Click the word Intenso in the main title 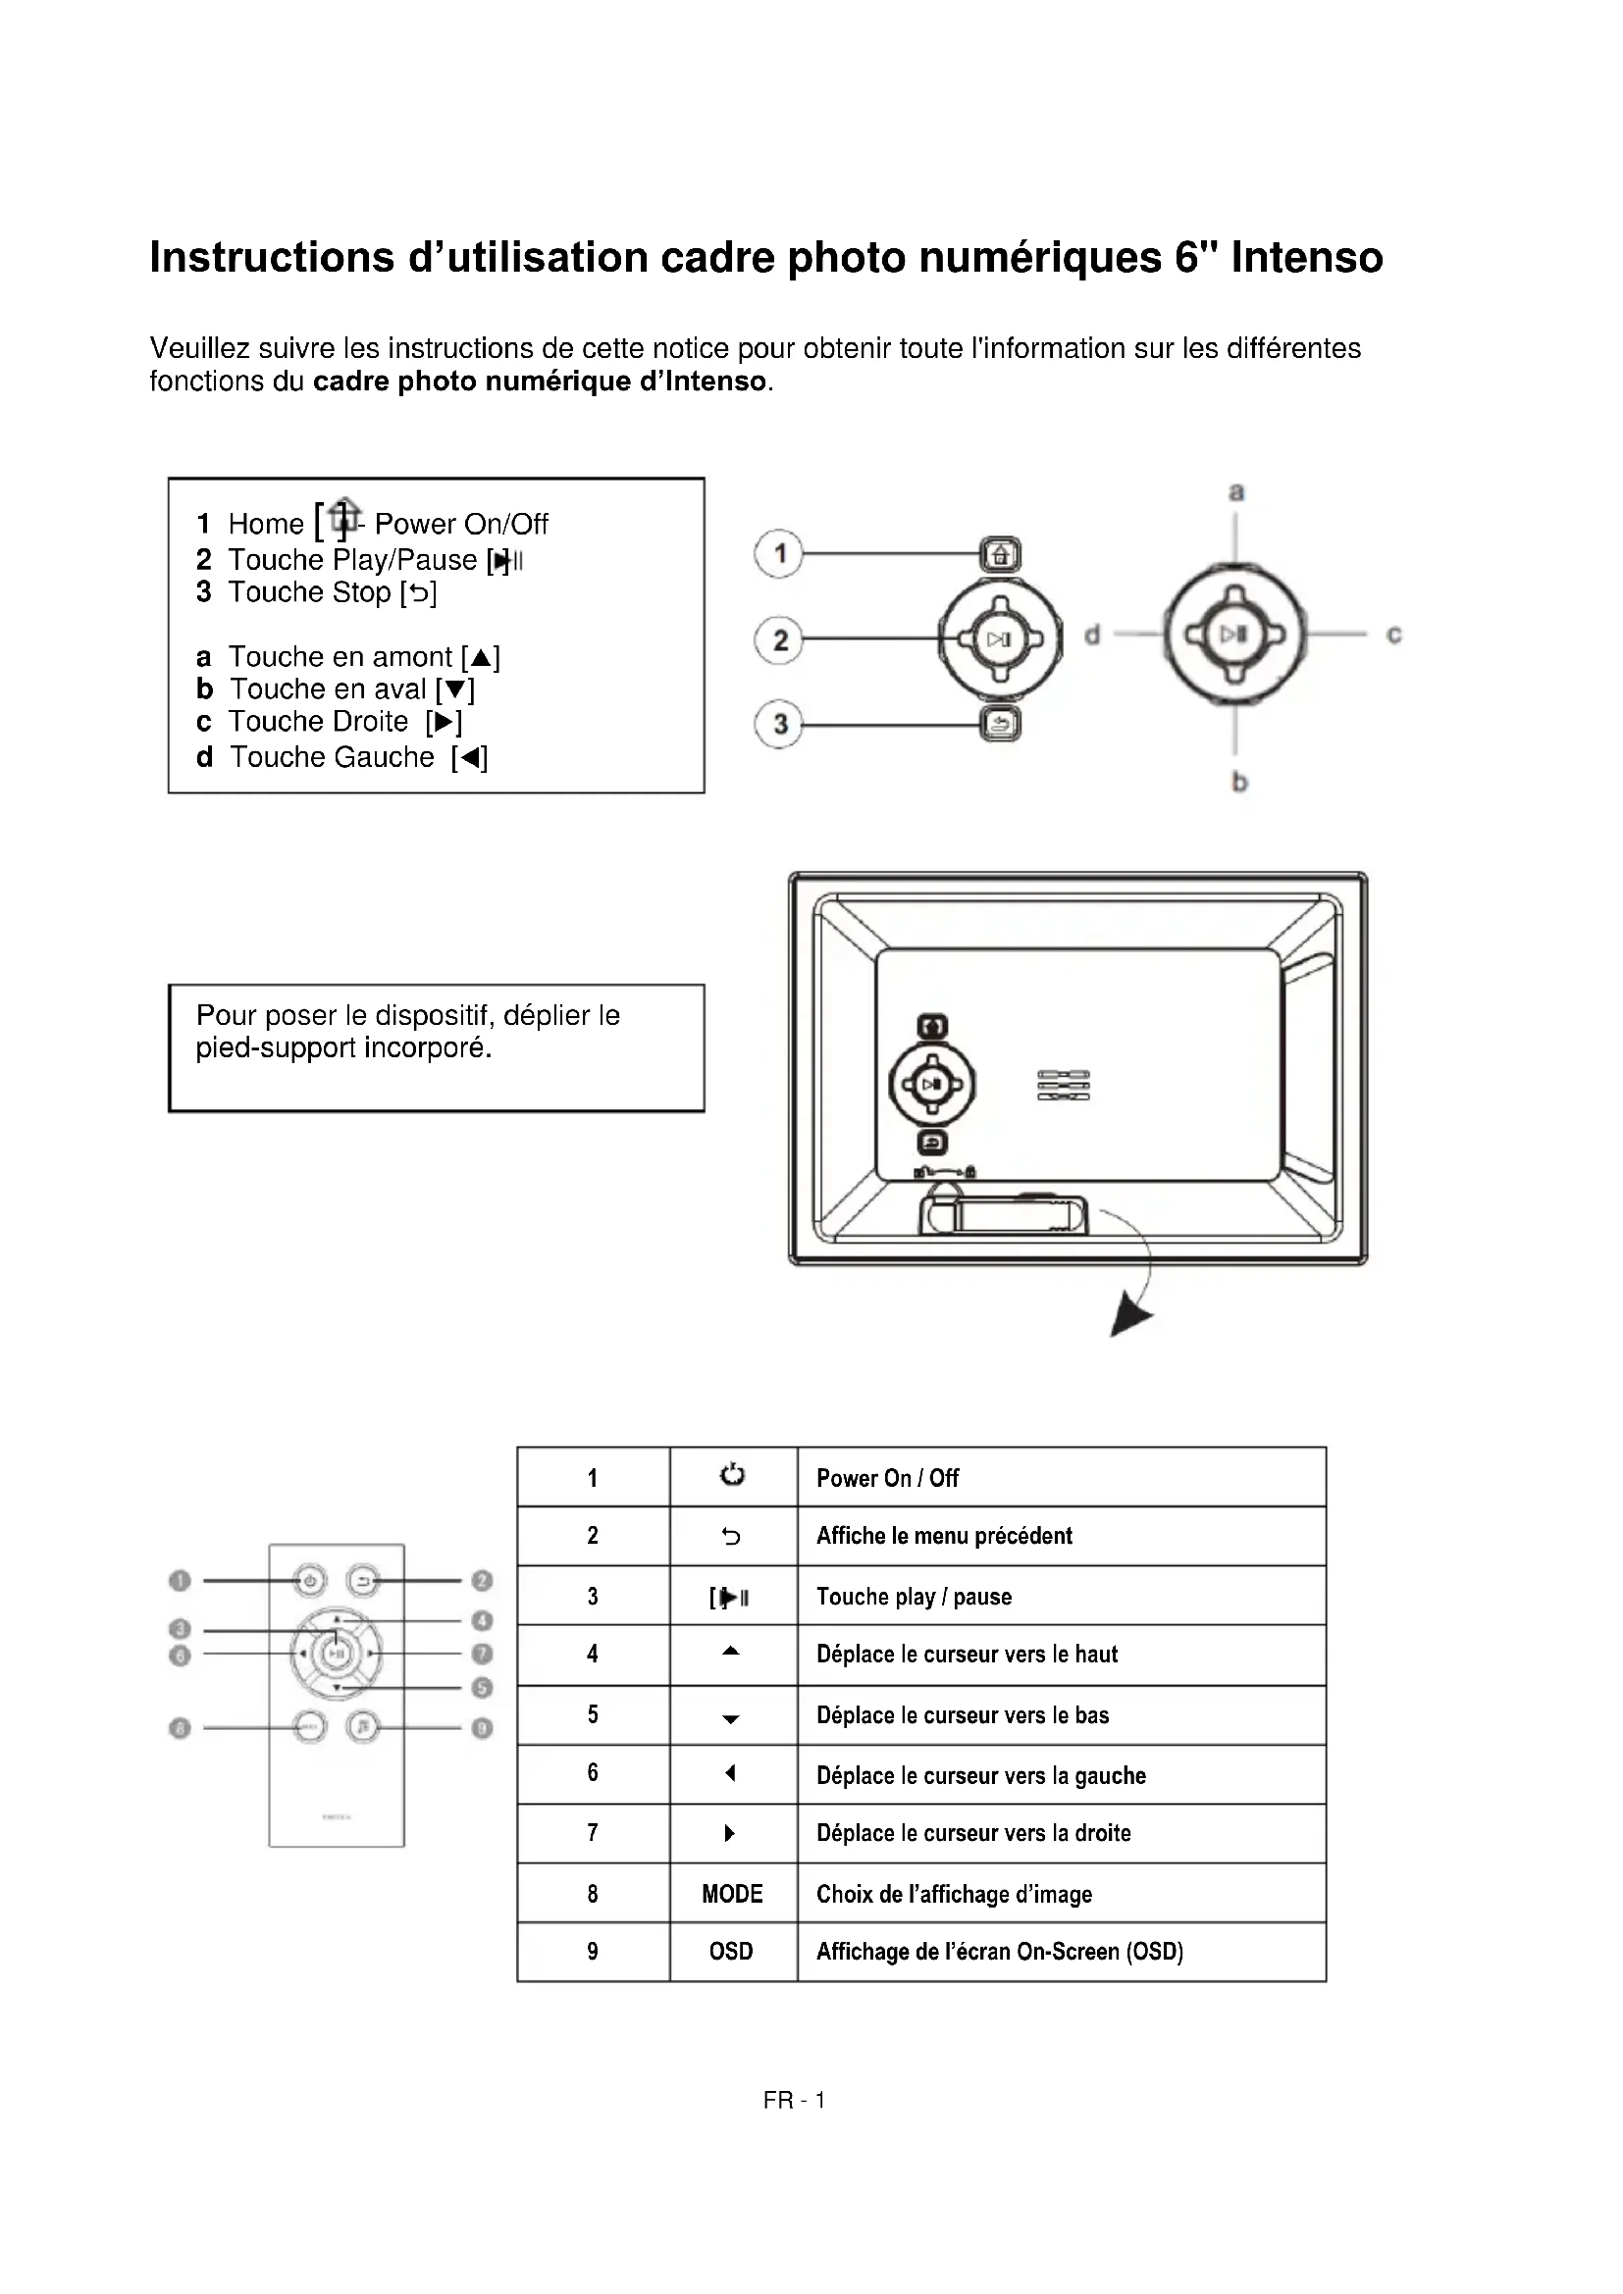pos(1306,258)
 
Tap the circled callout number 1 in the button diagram pos(779,553)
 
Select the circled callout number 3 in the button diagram pos(779,725)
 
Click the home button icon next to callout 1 pos(1000,554)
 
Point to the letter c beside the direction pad pos(1393,635)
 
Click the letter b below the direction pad pos(1239,782)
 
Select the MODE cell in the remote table pos(732,1893)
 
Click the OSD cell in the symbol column pos(732,1952)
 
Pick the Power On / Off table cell pos(887,1478)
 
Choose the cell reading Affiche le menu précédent pos(943,1536)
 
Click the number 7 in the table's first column pos(593,1832)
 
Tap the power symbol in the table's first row pos(732,1475)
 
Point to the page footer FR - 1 pos(794,2100)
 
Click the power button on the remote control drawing pos(310,1581)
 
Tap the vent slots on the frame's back pos(1064,1085)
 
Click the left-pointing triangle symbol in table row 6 pos(731,1773)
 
